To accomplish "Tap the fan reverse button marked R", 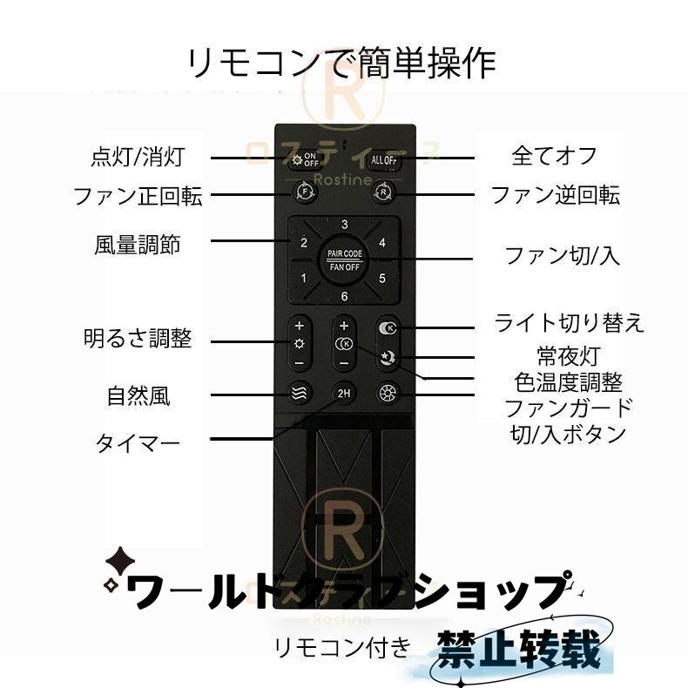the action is click(x=384, y=192).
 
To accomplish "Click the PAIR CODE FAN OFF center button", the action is click(x=345, y=259).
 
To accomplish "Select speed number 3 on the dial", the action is click(x=345, y=226).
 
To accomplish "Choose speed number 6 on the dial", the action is click(x=345, y=297).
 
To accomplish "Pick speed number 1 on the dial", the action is click(x=303, y=279).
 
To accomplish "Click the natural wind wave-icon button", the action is click(x=300, y=393).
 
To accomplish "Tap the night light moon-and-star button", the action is click(x=386, y=357).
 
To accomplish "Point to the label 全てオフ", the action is click(x=555, y=156).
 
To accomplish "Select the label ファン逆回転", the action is click(x=556, y=195).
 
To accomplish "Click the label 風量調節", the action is click(x=138, y=243).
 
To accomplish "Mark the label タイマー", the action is click(x=138, y=443).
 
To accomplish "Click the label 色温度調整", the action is click(x=568, y=382).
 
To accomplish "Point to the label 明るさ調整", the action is click(x=138, y=338).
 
